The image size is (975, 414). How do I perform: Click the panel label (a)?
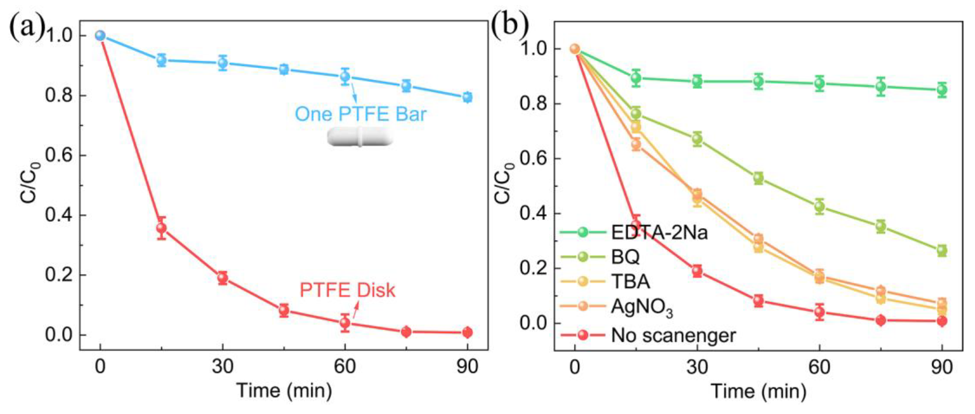pyautogui.click(x=27, y=28)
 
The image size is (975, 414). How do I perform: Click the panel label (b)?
pyautogui.click(x=509, y=26)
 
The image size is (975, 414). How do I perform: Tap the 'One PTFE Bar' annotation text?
pyautogui.click(x=360, y=114)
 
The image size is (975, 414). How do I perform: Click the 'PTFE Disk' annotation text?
pyautogui.click(x=347, y=290)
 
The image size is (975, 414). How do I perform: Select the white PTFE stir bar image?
pyautogui.click(x=360, y=137)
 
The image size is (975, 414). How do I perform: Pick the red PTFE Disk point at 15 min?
pyautogui.click(x=162, y=228)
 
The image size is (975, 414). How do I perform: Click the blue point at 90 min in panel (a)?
pyautogui.click(x=467, y=97)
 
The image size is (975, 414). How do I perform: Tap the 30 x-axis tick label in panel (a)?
pyautogui.click(x=222, y=367)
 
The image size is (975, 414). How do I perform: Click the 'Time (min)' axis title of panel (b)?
pyautogui.click(x=759, y=391)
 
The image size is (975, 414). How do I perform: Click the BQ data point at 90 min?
pyautogui.click(x=942, y=250)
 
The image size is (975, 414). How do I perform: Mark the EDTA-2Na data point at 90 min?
pyautogui.click(x=942, y=90)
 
